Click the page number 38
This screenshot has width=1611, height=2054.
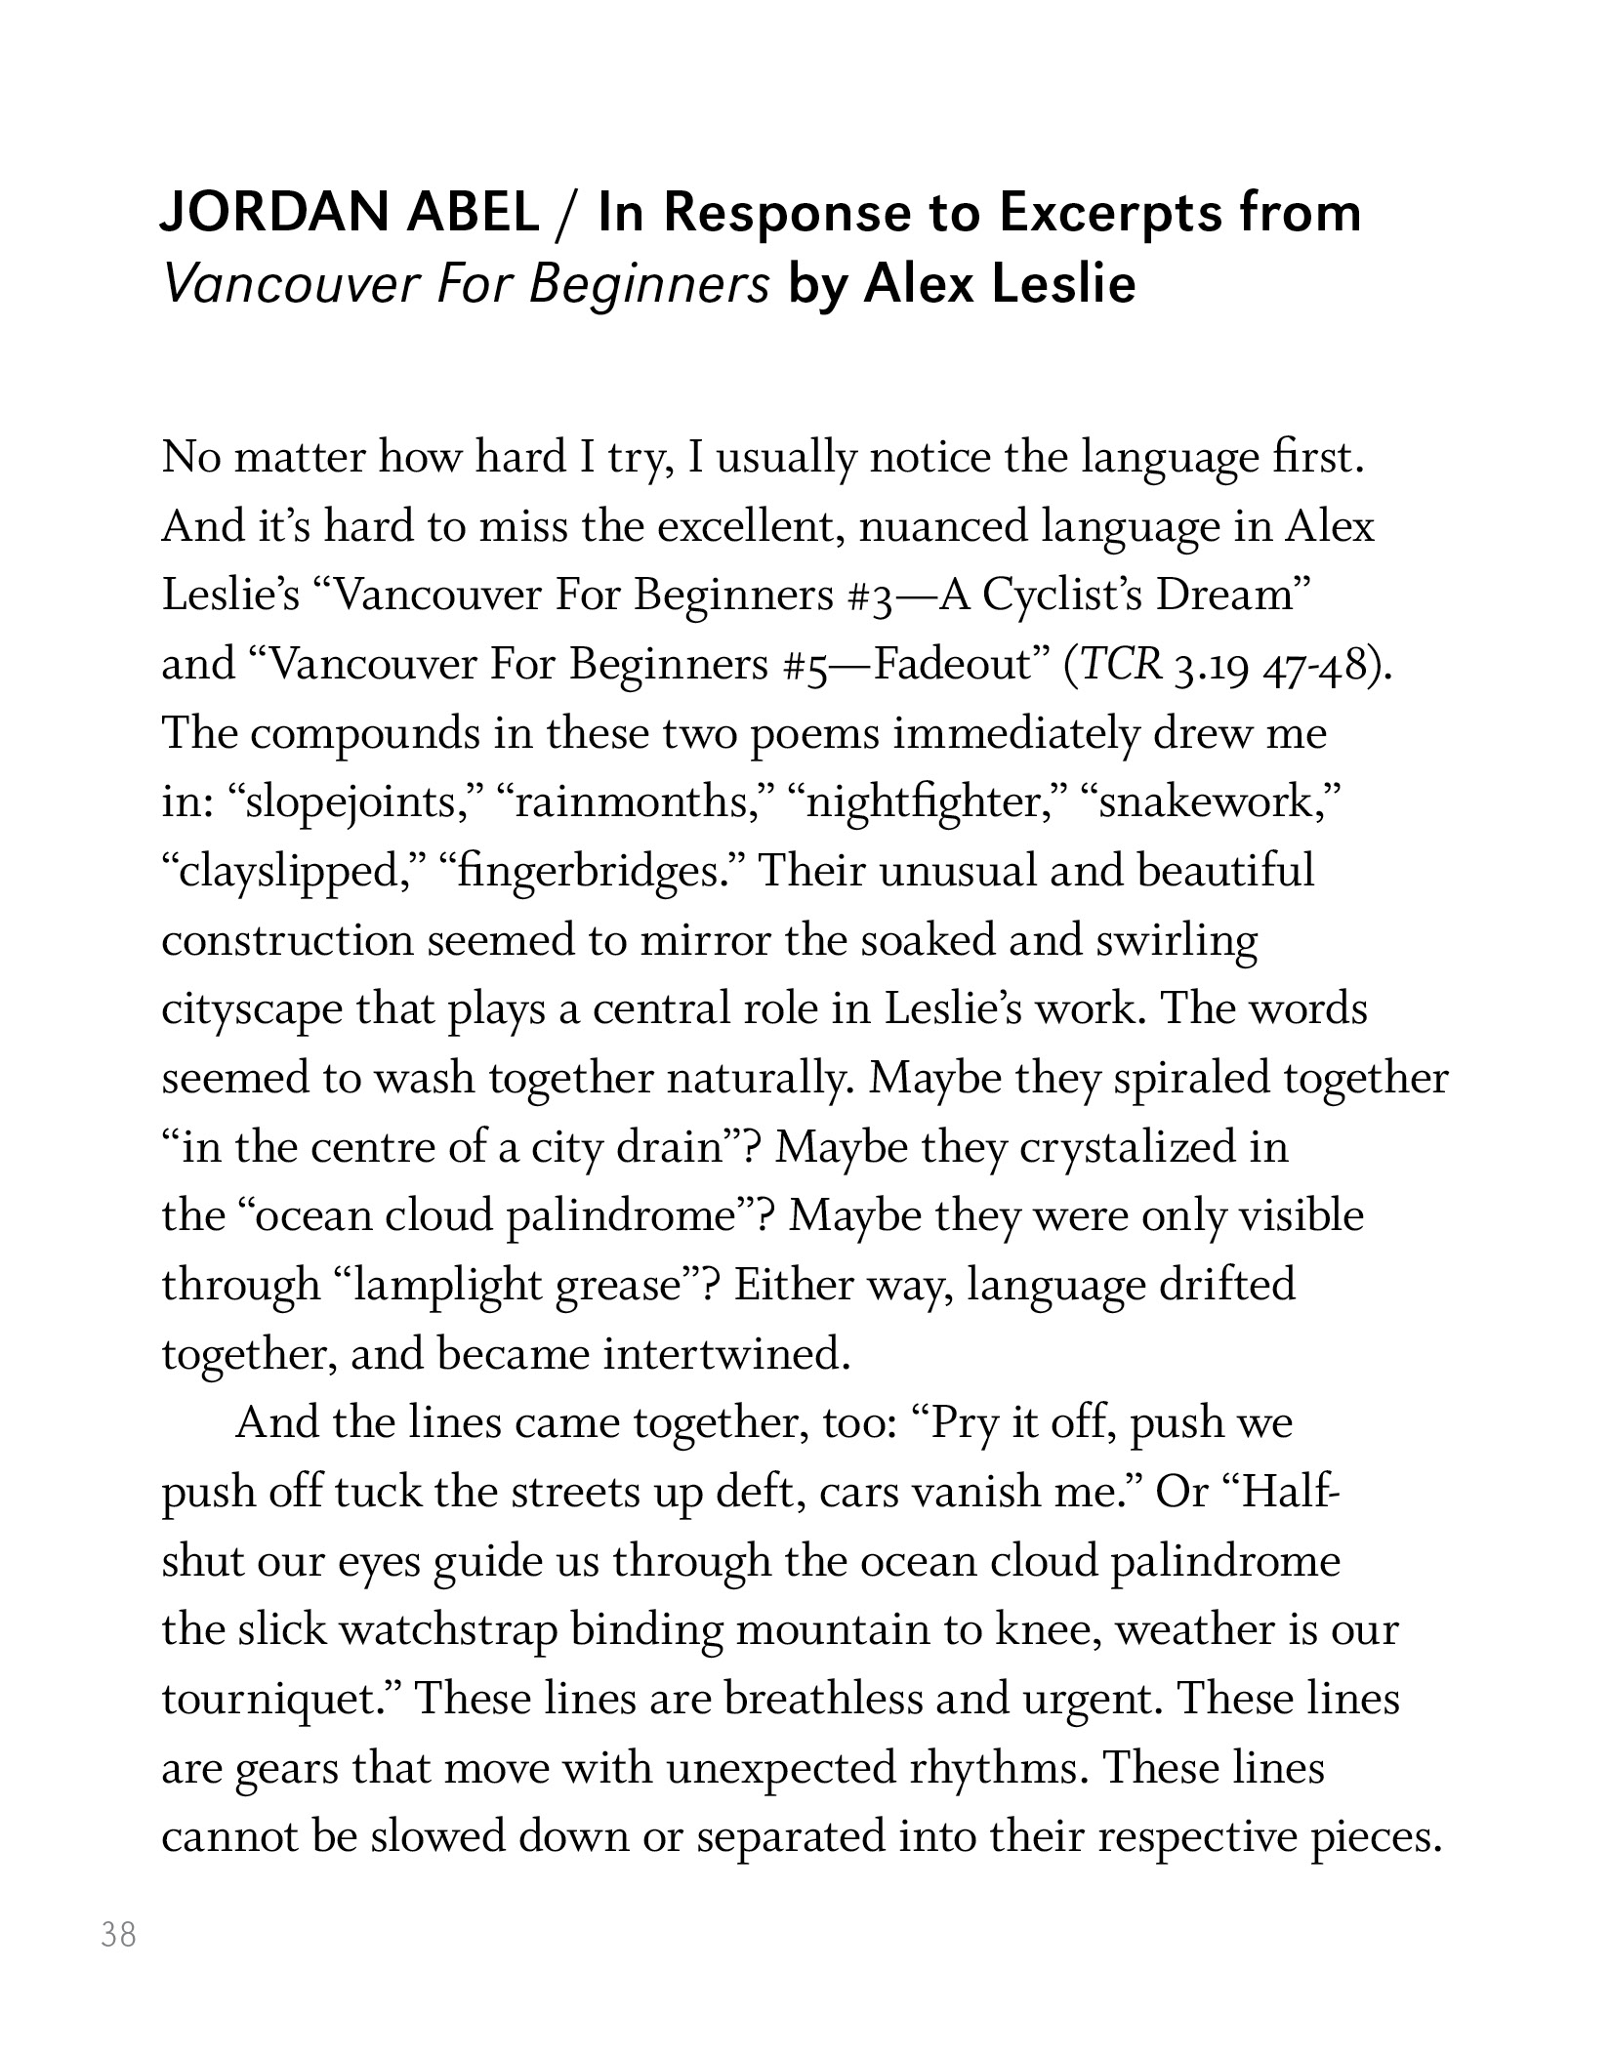118,1934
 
